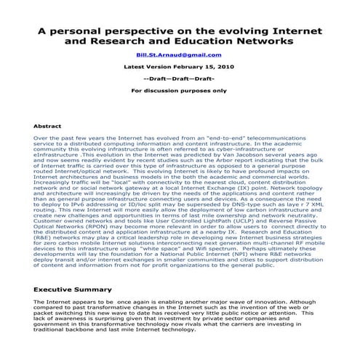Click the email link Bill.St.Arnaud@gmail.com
(180, 54)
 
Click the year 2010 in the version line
(225, 65)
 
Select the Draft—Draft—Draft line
(179, 78)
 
